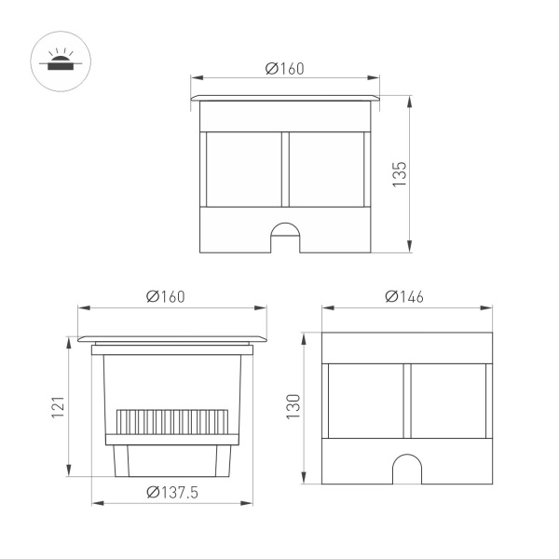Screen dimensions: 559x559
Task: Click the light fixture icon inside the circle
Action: (x=58, y=62)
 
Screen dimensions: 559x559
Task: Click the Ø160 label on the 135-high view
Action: (x=285, y=68)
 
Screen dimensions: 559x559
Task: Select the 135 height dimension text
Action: (x=398, y=174)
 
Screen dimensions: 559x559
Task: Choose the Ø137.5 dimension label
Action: (x=172, y=493)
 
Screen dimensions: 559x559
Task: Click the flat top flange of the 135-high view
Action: (x=285, y=96)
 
